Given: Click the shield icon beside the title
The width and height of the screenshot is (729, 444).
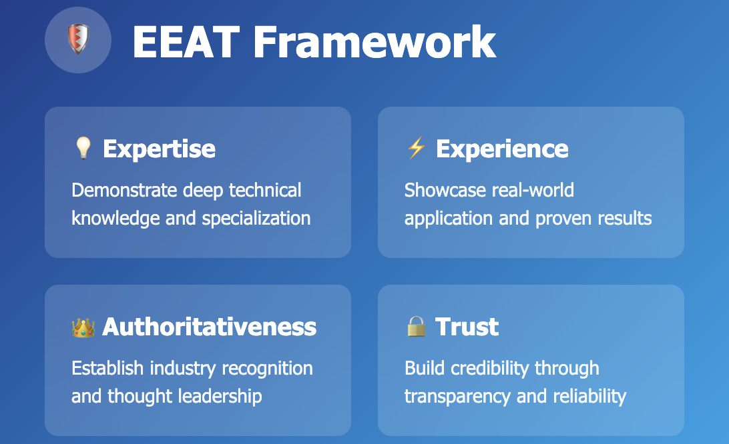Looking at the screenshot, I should pyautogui.click(x=78, y=40).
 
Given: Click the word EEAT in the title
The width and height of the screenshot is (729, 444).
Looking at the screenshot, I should pyautogui.click(x=186, y=42).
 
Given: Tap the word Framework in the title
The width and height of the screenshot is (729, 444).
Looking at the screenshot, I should pyautogui.click(x=375, y=42).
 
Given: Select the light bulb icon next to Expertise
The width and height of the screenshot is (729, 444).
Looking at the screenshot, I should pyautogui.click(x=83, y=148).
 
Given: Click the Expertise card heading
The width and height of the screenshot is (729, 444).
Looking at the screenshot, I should pyautogui.click(x=159, y=149).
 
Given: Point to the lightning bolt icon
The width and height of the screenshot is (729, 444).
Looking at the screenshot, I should pyautogui.click(x=416, y=148).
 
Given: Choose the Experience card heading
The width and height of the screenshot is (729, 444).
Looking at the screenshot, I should pyautogui.click(x=502, y=149).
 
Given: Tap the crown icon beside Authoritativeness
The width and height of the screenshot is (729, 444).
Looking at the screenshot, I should pyautogui.click(x=83, y=327).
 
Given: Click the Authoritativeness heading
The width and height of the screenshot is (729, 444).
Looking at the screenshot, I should pyautogui.click(x=210, y=327).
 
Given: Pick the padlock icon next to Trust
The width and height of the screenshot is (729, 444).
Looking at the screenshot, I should pyautogui.click(x=416, y=327).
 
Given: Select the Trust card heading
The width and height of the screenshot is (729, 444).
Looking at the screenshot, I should pyautogui.click(x=467, y=327).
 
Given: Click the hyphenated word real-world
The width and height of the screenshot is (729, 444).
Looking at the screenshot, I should pyautogui.click(x=532, y=190).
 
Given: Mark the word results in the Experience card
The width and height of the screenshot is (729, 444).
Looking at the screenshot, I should pyautogui.click(x=625, y=218).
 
